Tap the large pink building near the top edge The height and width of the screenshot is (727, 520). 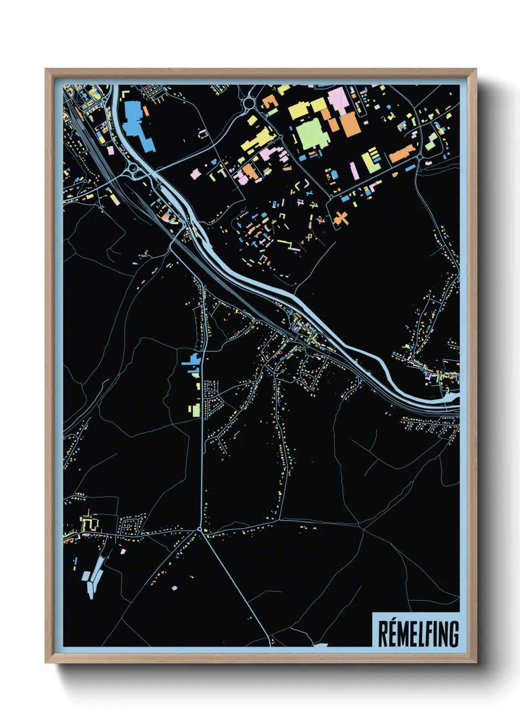pyautogui.click(x=338, y=99)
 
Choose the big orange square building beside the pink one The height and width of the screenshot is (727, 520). pyautogui.click(x=350, y=125)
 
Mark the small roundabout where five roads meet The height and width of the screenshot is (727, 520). pyautogui.click(x=200, y=530)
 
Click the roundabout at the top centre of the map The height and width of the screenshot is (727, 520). pyautogui.click(x=249, y=103)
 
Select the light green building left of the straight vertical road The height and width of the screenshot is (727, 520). pyautogui.click(x=196, y=410)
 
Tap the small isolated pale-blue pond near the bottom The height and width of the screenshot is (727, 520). pyautogui.click(x=174, y=588)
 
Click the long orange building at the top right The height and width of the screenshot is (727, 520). pyautogui.click(x=402, y=154)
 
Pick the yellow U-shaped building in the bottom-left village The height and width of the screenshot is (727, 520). pyautogui.click(x=89, y=525)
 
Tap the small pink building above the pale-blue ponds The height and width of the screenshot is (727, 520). pyautogui.click(x=123, y=552)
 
